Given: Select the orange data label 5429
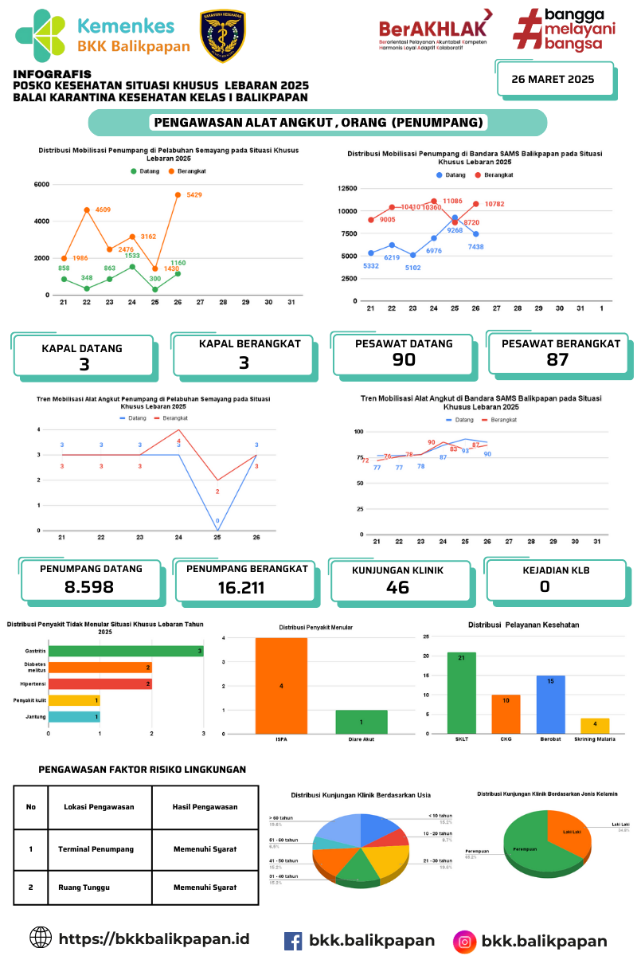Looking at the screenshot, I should pyautogui.click(x=194, y=195).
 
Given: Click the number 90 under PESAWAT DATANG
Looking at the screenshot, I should pyautogui.click(x=404, y=359).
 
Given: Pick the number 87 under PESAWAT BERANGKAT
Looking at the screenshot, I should pyautogui.click(x=557, y=359).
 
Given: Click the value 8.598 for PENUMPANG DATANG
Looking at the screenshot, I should pyautogui.click(x=89, y=587).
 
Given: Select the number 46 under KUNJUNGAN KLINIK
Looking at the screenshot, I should pyautogui.click(x=397, y=587).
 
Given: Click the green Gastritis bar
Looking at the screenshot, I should pyautogui.click(x=126, y=651).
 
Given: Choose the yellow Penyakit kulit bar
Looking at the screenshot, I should pyautogui.click(x=74, y=700).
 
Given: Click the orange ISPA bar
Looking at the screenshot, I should pyautogui.click(x=281, y=685).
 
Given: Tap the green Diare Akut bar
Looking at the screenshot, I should pyautogui.click(x=361, y=722).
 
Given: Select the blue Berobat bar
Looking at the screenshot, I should pyautogui.click(x=550, y=704).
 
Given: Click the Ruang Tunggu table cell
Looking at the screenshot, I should pyautogui.click(x=84, y=887).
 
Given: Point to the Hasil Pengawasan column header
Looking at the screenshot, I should pyautogui.click(x=205, y=806).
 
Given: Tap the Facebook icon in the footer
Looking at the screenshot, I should pyautogui.click(x=293, y=941).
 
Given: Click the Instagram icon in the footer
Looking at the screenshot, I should pyautogui.click(x=463, y=941).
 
